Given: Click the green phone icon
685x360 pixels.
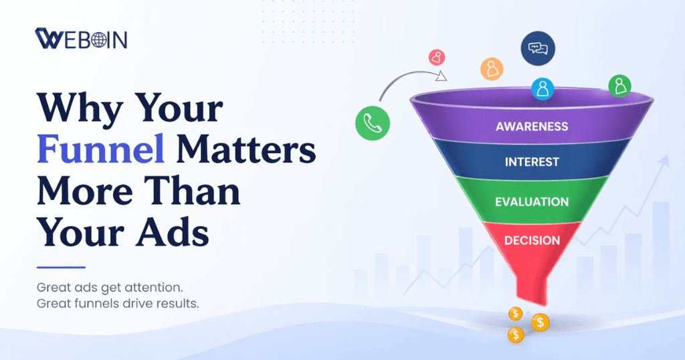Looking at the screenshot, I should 373,122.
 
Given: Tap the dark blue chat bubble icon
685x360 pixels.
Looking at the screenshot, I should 538,49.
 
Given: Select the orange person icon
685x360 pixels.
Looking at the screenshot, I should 492,68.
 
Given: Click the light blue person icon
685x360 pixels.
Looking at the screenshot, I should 543,88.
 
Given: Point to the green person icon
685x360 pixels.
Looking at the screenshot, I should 619,85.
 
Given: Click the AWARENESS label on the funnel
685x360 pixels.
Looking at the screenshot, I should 532,126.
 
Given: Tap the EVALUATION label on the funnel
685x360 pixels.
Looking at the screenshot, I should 532,201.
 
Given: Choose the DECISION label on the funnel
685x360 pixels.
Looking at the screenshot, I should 532,240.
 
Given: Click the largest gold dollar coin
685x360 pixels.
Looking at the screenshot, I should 540,323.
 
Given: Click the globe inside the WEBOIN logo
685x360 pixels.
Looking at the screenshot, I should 99,39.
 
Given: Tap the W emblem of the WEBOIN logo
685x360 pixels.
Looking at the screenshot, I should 49,39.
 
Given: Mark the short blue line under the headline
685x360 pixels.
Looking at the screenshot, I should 61,267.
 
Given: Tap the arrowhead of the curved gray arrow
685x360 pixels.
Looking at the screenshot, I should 442,76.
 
